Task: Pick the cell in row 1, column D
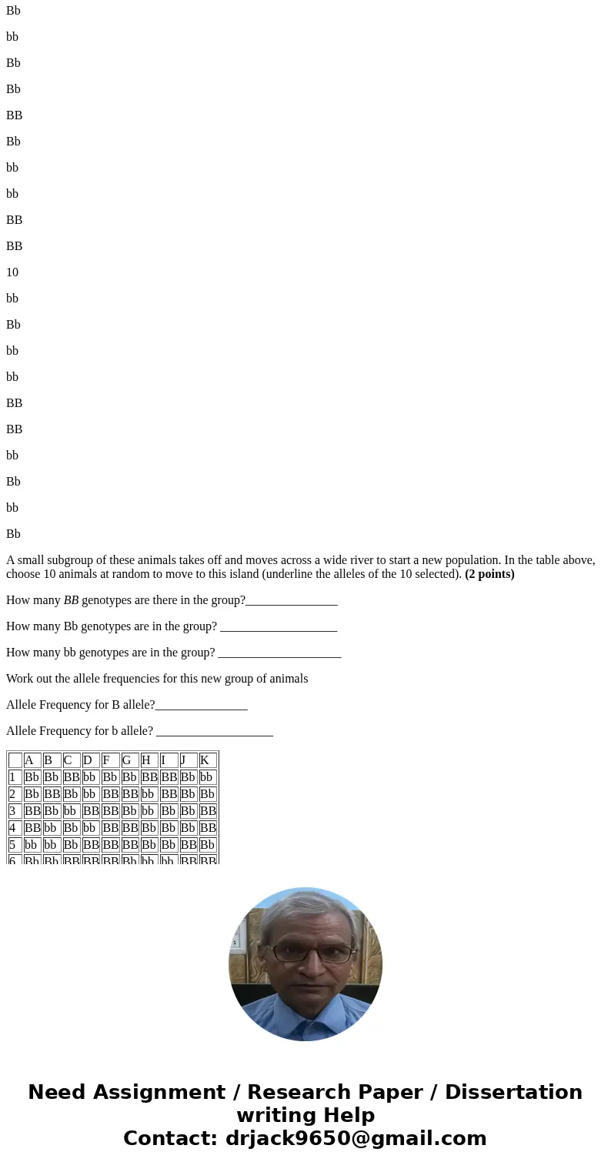pyautogui.click(x=91, y=777)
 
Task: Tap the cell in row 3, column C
pyautogui.click(x=72, y=811)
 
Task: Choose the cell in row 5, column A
pyautogui.click(x=32, y=845)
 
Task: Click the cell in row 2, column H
pyautogui.click(x=149, y=794)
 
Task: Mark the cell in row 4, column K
pyautogui.click(x=208, y=828)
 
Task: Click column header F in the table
pyautogui.click(x=110, y=760)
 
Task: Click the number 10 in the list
pyautogui.click(x=12, y=272)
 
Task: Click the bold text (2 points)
pyautogui.click(x=489, y=574)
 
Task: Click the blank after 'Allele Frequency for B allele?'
pyautogui.click(x=201, y=705)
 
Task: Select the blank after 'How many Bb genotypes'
pyautogui.click(x=278, y=626)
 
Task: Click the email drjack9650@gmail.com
pyautogui.click(x=356, y=1138)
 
